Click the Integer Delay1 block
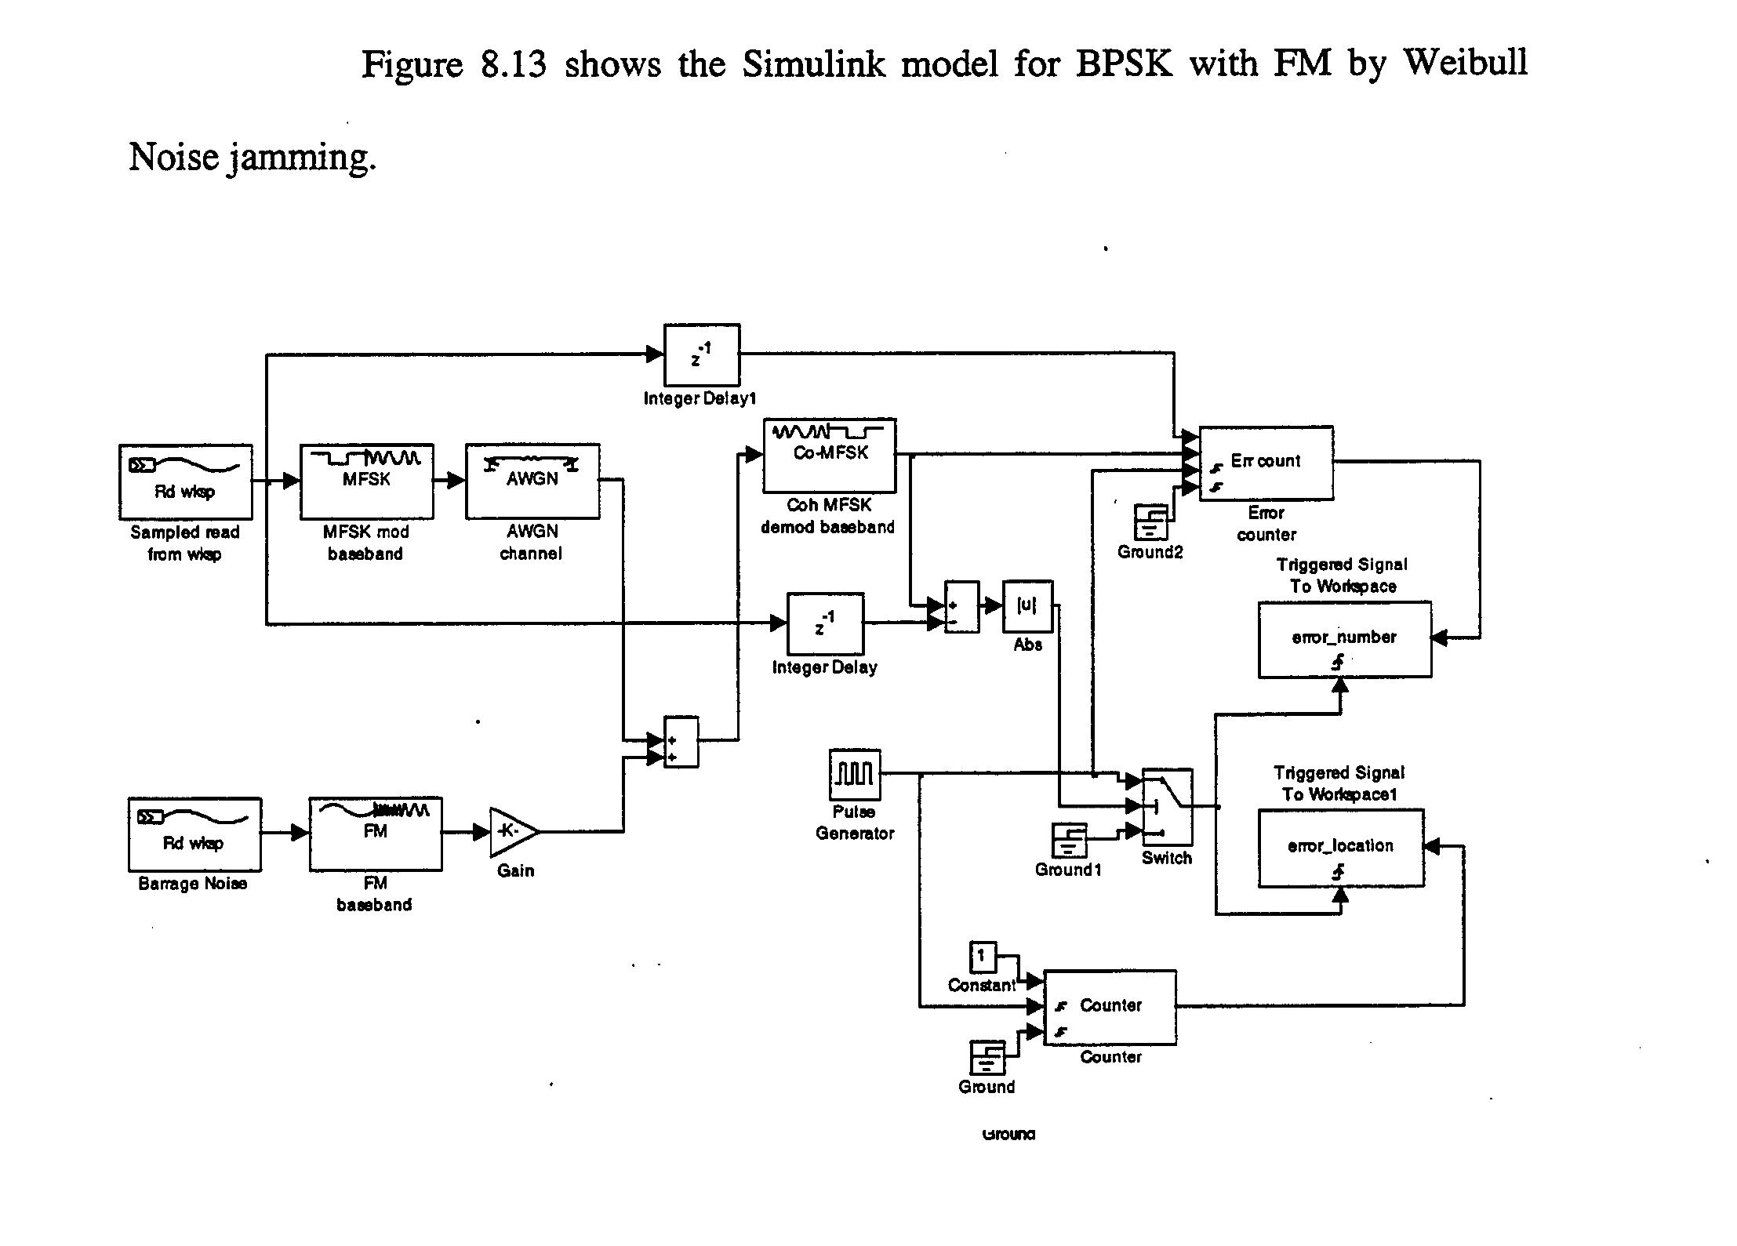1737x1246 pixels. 701,354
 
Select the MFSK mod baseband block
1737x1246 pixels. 366,481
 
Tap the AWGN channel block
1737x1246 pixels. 532,481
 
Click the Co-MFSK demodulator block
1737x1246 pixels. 829,455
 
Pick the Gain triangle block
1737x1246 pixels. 511,831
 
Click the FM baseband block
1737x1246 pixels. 375,834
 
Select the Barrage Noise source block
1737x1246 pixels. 194,834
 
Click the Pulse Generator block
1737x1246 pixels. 854,774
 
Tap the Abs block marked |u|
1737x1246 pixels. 1027,605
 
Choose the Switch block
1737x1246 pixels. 1167,806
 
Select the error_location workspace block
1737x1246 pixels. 1340,848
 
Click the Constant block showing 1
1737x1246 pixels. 982,956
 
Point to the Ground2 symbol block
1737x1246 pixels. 1150,521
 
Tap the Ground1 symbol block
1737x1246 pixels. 1069,840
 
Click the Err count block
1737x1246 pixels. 1266,463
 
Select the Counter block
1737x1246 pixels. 1110,1007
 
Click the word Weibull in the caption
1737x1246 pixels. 1464,62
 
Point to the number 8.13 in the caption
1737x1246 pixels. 513,64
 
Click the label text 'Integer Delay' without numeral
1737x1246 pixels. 824,667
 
